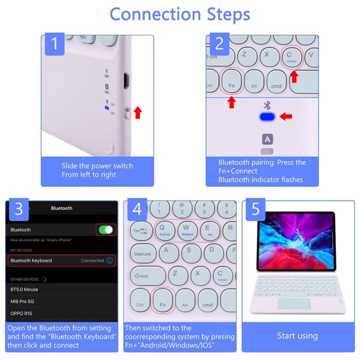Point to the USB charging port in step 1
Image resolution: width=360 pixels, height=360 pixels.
tap(126, 80)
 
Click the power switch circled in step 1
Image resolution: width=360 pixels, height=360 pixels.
tap(127, 112)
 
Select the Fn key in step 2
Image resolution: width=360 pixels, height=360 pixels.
tap(231, 80)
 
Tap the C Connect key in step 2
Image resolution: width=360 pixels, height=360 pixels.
tap(291, 56)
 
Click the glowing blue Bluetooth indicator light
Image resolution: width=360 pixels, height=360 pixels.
tap(267, 116)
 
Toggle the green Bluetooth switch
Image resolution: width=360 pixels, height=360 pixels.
tap(105, 229)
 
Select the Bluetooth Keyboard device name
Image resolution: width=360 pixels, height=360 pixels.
tap(31, 260)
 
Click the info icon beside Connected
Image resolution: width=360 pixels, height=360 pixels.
tap(109, 260)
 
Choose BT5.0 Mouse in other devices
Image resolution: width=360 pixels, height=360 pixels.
tap(24, 289)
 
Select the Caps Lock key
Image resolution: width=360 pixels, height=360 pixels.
tap(142, 253)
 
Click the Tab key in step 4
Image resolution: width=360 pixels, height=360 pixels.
tap(140, 230)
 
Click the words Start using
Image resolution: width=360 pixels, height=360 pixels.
tap(297, 335)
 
